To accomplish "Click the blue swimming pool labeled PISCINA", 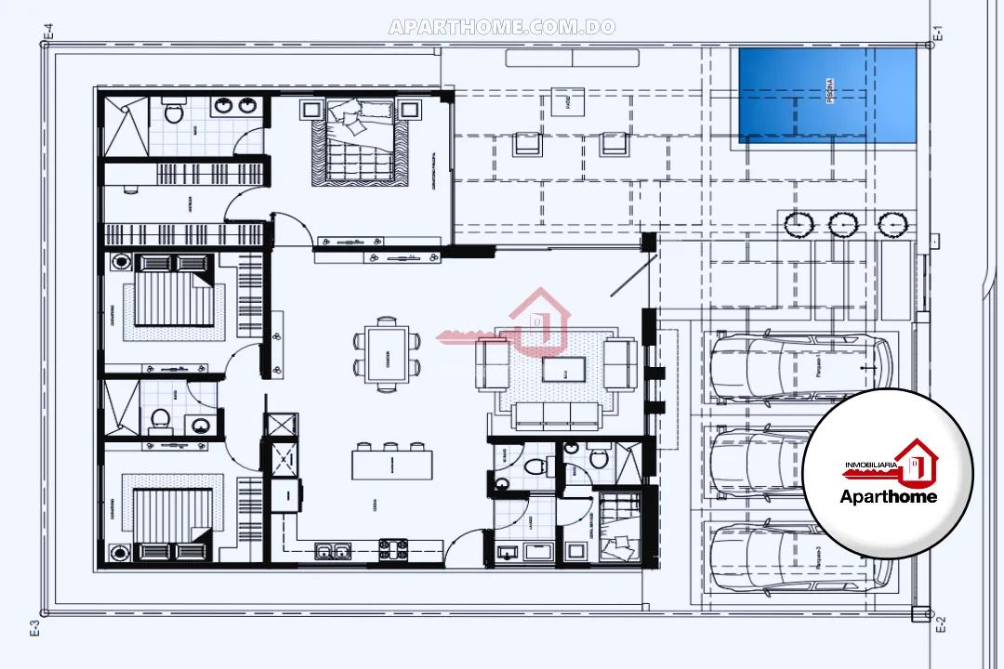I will (826, 96).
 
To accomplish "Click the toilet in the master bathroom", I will (173, 113).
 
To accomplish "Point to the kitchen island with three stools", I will (391, 462).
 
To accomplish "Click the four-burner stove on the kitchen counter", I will (392, 549).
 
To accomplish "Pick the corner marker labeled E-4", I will (48, 34).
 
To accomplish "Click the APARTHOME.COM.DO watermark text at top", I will (502, 27).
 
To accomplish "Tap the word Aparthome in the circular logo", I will (888, 496).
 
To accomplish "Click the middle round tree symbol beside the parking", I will (841, 224).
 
